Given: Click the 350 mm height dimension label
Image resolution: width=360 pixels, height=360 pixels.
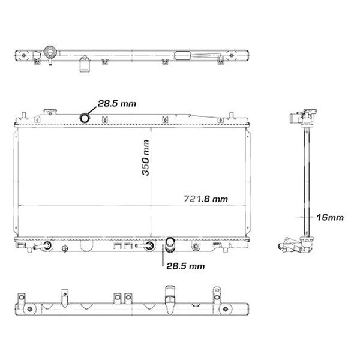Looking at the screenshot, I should [145, 158].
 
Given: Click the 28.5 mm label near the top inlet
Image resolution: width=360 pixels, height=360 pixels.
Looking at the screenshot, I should [117, 103].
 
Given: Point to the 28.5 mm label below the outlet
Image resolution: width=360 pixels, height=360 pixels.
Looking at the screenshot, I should [186, 265].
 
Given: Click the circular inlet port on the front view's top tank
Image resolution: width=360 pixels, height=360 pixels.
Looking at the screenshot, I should [86, 116].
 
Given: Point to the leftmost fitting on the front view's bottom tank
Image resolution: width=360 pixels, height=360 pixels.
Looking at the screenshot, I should [46, 245].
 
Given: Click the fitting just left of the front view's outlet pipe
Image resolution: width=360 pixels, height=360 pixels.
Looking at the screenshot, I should [148, 245].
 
